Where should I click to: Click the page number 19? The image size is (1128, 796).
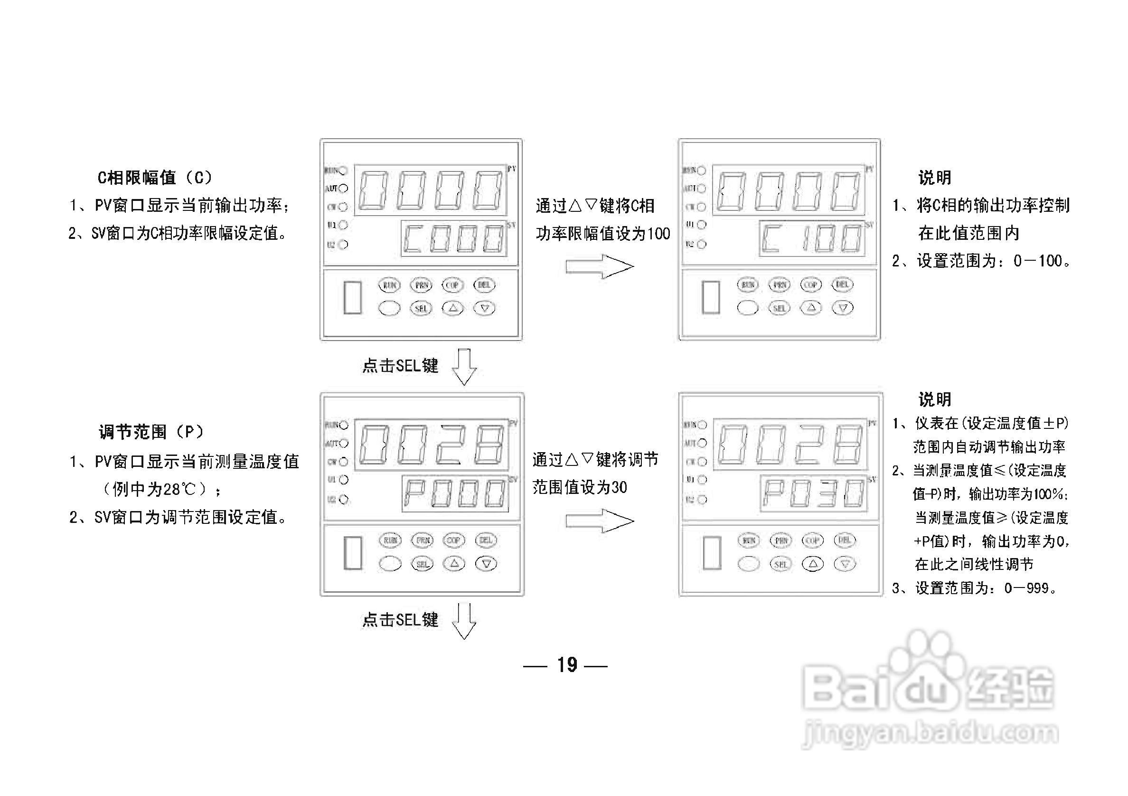point(567,665)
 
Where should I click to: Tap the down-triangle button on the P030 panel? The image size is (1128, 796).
point(845,564)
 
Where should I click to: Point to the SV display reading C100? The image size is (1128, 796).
point(812,238)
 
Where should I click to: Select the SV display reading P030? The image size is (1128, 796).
point(813,493)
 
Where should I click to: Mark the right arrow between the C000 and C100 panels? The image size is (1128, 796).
point(600,267)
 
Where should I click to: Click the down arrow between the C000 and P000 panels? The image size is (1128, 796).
point(464,367)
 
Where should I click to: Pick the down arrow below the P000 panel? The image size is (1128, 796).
point(464,621)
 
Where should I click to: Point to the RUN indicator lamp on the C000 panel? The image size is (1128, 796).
point(343,171)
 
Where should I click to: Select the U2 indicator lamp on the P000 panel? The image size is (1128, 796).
point(344,500)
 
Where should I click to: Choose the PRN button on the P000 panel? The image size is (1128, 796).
point(423,540)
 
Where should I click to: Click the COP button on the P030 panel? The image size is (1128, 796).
point(813,540)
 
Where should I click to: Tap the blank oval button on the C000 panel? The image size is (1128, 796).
point(390,308)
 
